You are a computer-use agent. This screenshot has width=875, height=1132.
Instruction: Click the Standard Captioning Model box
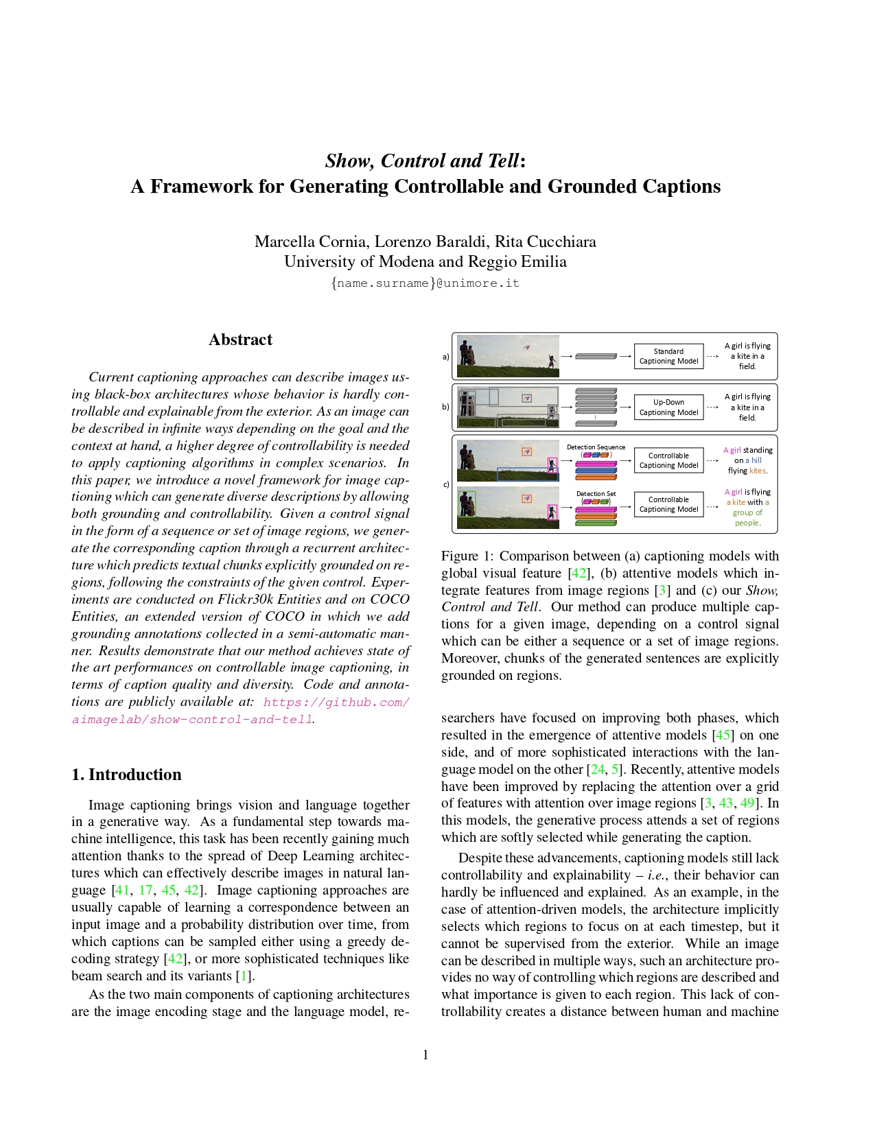click(x=668, y=356)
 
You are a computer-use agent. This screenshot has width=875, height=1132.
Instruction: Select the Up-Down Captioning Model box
click(x=668, y=408)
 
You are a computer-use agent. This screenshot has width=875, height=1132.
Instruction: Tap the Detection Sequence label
click(x=596, y=447)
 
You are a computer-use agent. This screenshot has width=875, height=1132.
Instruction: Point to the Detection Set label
click(x=596, y=494)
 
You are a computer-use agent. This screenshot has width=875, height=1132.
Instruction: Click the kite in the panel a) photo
click(x=526, y=347)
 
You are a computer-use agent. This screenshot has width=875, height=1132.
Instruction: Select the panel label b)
click(x=445, y=407)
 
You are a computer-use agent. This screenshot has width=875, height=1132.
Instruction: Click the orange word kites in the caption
click(x=758, y=471)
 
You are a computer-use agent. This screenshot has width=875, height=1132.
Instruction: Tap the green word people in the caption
click(x=747, y=523)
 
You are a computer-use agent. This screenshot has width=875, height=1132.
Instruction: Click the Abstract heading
click(x=240, y=340)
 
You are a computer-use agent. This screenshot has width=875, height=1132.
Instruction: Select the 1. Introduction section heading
click(x=126, y=775)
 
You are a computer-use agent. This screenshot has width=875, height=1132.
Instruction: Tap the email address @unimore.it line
click(x=425, y=283)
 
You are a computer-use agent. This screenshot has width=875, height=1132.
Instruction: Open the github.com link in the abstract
click(x=336, y=702)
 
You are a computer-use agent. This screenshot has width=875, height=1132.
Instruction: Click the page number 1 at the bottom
click(x=425, y=1055)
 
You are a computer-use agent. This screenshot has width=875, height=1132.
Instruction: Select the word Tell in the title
click(x=502, y=161)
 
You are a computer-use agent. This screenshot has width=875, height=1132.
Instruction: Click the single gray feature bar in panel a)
click(x=595, y=356)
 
